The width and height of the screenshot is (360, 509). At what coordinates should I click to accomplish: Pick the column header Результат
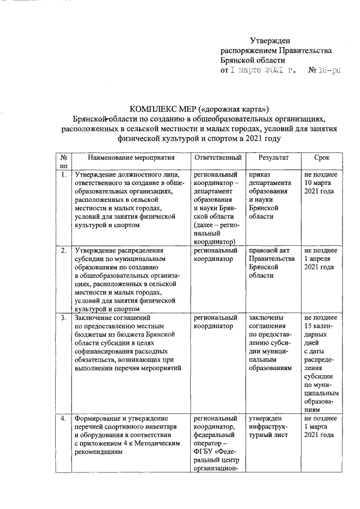click(x=272, y=158)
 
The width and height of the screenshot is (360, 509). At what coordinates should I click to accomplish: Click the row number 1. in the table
click(x=64, y=175)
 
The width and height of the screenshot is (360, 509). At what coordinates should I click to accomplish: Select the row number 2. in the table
click(x=64, y=250)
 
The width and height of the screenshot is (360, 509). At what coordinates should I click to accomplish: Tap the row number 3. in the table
click(x=64, y=319)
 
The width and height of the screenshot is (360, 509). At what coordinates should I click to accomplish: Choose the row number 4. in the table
click(x=64, y=419)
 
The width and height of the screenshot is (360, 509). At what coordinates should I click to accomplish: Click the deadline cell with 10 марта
click(x=319, y=183)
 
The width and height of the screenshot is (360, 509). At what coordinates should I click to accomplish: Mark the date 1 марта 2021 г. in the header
click(x=258, y=71)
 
